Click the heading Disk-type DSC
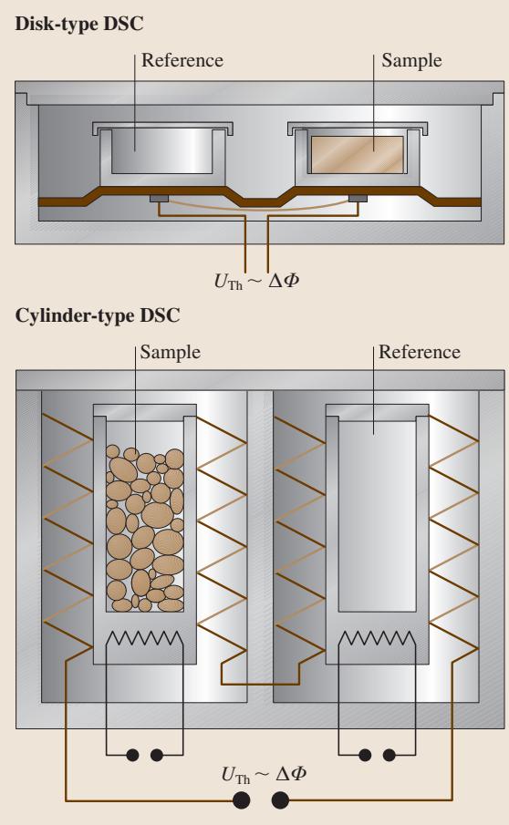pyautogui.click(x=79, y=25)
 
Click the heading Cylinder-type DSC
pyautogui.click(x=98, y=315)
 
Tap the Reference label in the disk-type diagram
pyautogui.click(x=182, y=60)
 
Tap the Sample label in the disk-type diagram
pyautogui.click(x=411, y=60)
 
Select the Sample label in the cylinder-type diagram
pyautogui.click(x=170, y=352)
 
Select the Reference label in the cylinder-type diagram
pyautogui.click(x=420, y=352)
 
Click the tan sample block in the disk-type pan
pyautogui.click(x=358, y=155)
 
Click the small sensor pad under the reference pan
pyautogui.click(x=159, y=199)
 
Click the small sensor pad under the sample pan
pyautogui.click(x=358, y=199)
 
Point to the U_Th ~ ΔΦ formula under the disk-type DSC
pyautogui.click(x=256, y=281)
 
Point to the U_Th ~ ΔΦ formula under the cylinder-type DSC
pyautogui.click(x=264, y=774)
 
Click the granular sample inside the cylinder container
pyautogui.click(x=145, y=528)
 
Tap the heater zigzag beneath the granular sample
pyautogui.click(x=145, y=639)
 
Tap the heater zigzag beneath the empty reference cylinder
pyautogui.click(x=377, y=639)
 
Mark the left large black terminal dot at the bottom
pyautogui.click(x=241, y=800)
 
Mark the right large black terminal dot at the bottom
pyautogui.click(x=280, y=800)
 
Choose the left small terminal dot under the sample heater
pyautogui.click(x=132, y=756)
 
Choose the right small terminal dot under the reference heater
pyautogui.click(x=389, y=756)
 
